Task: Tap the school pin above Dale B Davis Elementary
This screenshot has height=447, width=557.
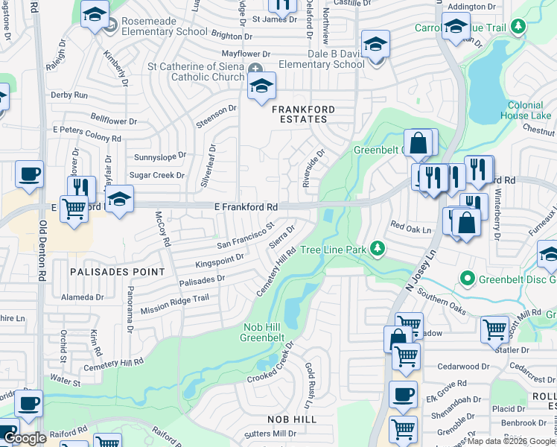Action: (x=376, y=43)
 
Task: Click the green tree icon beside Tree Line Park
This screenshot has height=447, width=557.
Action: (x=378, y=248)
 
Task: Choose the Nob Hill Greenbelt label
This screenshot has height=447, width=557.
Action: (x=262, y=332)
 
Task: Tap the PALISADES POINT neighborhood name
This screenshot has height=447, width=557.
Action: (x=106, y=272)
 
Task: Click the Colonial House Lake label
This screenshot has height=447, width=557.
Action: (x=526, y=110)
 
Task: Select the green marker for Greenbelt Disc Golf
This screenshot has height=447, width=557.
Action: (x=468, y=279)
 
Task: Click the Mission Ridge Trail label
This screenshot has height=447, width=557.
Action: (x=175, y=304)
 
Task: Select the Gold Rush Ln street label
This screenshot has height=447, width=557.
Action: (x=311, y=385)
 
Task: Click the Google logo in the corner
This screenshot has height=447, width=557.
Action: (x=25, y=438)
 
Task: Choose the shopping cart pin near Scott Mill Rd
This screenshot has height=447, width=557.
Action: (x=494, y=329)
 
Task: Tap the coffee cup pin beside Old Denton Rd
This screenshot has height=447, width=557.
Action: (x=30, y=175)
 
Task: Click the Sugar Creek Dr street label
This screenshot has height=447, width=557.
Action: (x=157, y=175)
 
